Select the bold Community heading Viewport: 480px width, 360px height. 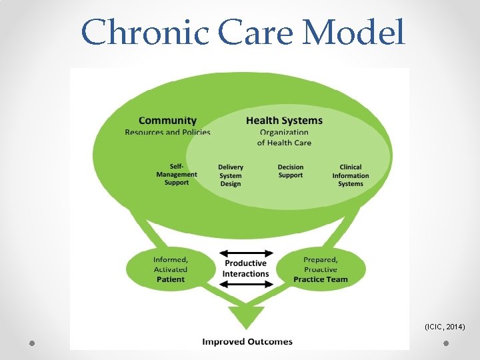tap(167, 121)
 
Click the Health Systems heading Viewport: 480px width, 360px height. tap(284, 121)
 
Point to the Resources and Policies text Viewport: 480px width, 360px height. tap(167, 132)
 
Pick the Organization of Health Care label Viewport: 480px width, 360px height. tap(284, 137)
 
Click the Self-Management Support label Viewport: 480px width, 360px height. tap(177, 175)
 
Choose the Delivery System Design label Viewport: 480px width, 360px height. tap(231, 175)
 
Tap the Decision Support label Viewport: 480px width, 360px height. tap(290, 171)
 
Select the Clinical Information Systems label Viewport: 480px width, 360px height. tap(351, 175)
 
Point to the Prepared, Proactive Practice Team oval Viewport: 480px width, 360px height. tap(321, 269)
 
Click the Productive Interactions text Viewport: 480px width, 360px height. tap(245, 269)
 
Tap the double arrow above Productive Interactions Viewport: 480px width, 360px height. tap(247, 253)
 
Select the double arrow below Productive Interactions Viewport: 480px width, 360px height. tap(247, 284)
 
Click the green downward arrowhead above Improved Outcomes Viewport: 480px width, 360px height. tap(246, 315)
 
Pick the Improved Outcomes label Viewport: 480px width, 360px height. tap(247, 342)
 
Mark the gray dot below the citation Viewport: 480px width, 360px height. tap(446, 343)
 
